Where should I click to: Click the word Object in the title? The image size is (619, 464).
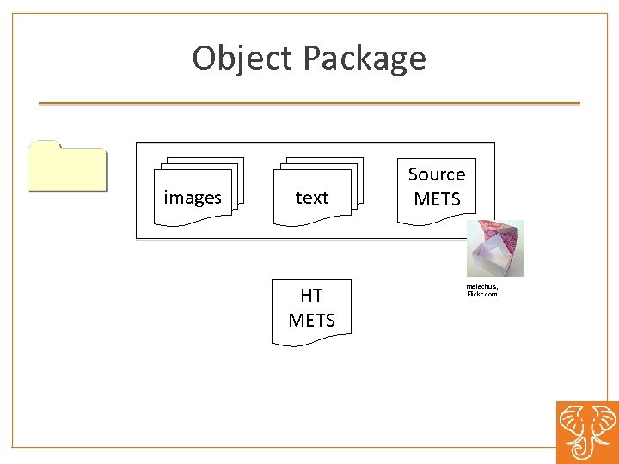243,58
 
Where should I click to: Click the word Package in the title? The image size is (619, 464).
364,58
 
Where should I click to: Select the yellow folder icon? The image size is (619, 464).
67,167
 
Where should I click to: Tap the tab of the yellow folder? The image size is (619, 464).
44,143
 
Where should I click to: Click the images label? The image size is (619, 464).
193,198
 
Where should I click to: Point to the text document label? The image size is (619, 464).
311,198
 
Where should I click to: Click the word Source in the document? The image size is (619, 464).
437,174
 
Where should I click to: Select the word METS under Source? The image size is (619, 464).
437,199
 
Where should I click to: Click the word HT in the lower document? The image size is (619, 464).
311,296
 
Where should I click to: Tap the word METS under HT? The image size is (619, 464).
311,321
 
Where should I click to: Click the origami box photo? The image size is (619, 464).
494,248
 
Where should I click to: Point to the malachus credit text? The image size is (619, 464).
481,285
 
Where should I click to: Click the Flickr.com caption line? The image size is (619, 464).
481,294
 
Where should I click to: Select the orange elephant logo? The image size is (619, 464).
586,432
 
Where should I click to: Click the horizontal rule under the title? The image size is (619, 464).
309,104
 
